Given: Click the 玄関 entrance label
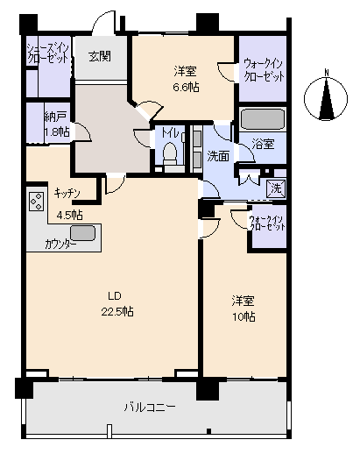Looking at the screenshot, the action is point(100,56).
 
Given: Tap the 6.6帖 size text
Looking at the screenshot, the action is point(187,87).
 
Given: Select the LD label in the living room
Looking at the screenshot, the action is point(115,296).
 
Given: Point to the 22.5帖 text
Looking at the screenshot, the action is point(117,311).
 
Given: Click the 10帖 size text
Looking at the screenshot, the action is point(244,316).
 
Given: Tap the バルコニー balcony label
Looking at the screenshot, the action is point(150,407).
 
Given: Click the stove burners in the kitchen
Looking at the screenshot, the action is point(37,202).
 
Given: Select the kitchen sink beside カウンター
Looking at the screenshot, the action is point(82,233).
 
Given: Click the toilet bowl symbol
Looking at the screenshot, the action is point(170,153).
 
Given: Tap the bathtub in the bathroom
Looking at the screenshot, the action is point(262,119).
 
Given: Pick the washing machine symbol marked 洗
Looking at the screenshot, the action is point(276,188).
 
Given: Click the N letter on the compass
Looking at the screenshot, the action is point(327,72).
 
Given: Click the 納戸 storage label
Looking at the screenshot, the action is point(55,117).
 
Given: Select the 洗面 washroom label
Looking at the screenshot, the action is point(218,157).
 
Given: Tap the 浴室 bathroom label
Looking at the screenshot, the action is point(263,144).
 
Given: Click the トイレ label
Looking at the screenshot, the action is point(171,133).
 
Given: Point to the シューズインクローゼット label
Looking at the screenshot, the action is point(48,53).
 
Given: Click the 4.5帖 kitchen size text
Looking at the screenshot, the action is point(69,216).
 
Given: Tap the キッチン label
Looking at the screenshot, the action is point(67,194).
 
